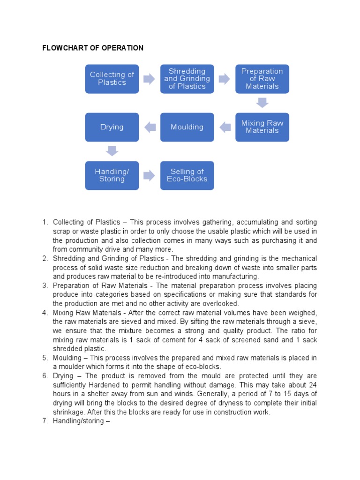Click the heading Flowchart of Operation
(x=93, y=48)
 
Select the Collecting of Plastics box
(x=112, y=79)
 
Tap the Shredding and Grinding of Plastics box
(x=187, y=79)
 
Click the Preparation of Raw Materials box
(x=262, y=79)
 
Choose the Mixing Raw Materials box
(x=262, y=127)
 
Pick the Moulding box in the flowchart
(x=187, y=127)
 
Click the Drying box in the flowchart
(x=112, y=127)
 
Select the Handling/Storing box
(x=112, y=175)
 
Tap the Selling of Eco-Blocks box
(x=187, y=175)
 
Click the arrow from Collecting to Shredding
(x=149, y=79)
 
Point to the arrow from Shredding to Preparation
(x=224, y=79)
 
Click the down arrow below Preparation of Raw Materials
(x=262, y=103)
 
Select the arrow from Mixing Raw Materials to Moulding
(x=225, y=127)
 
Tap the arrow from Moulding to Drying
(x=150, y=127)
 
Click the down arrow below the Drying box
(x=112, y=151)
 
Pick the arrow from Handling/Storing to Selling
(x=149, y=175)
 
